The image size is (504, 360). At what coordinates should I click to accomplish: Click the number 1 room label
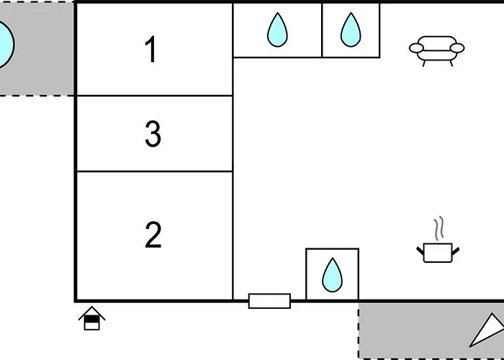[151, 50]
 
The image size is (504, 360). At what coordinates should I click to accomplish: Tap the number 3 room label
[153, 135]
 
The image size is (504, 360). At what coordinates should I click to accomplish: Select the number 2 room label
[153, 235]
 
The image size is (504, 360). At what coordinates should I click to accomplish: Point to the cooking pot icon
[438, 252]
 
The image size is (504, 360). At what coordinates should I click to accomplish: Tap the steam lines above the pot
[438, 229]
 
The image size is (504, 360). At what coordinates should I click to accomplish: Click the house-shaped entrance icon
[92, 318]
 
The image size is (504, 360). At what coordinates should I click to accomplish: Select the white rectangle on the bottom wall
[269, 301]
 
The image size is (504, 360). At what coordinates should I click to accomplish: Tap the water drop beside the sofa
[351, 30]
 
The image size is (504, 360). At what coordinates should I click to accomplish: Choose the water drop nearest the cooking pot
[332, 274]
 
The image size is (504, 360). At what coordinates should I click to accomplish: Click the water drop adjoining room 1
[277, 30]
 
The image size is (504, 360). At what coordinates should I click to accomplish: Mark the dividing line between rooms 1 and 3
[154, 96]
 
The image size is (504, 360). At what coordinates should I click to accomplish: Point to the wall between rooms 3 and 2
[154, 171]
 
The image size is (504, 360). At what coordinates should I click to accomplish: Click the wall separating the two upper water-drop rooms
[322, 30]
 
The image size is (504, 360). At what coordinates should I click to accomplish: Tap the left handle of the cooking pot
[420, 250]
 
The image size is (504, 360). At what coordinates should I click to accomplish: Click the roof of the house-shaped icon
[92, 312]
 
